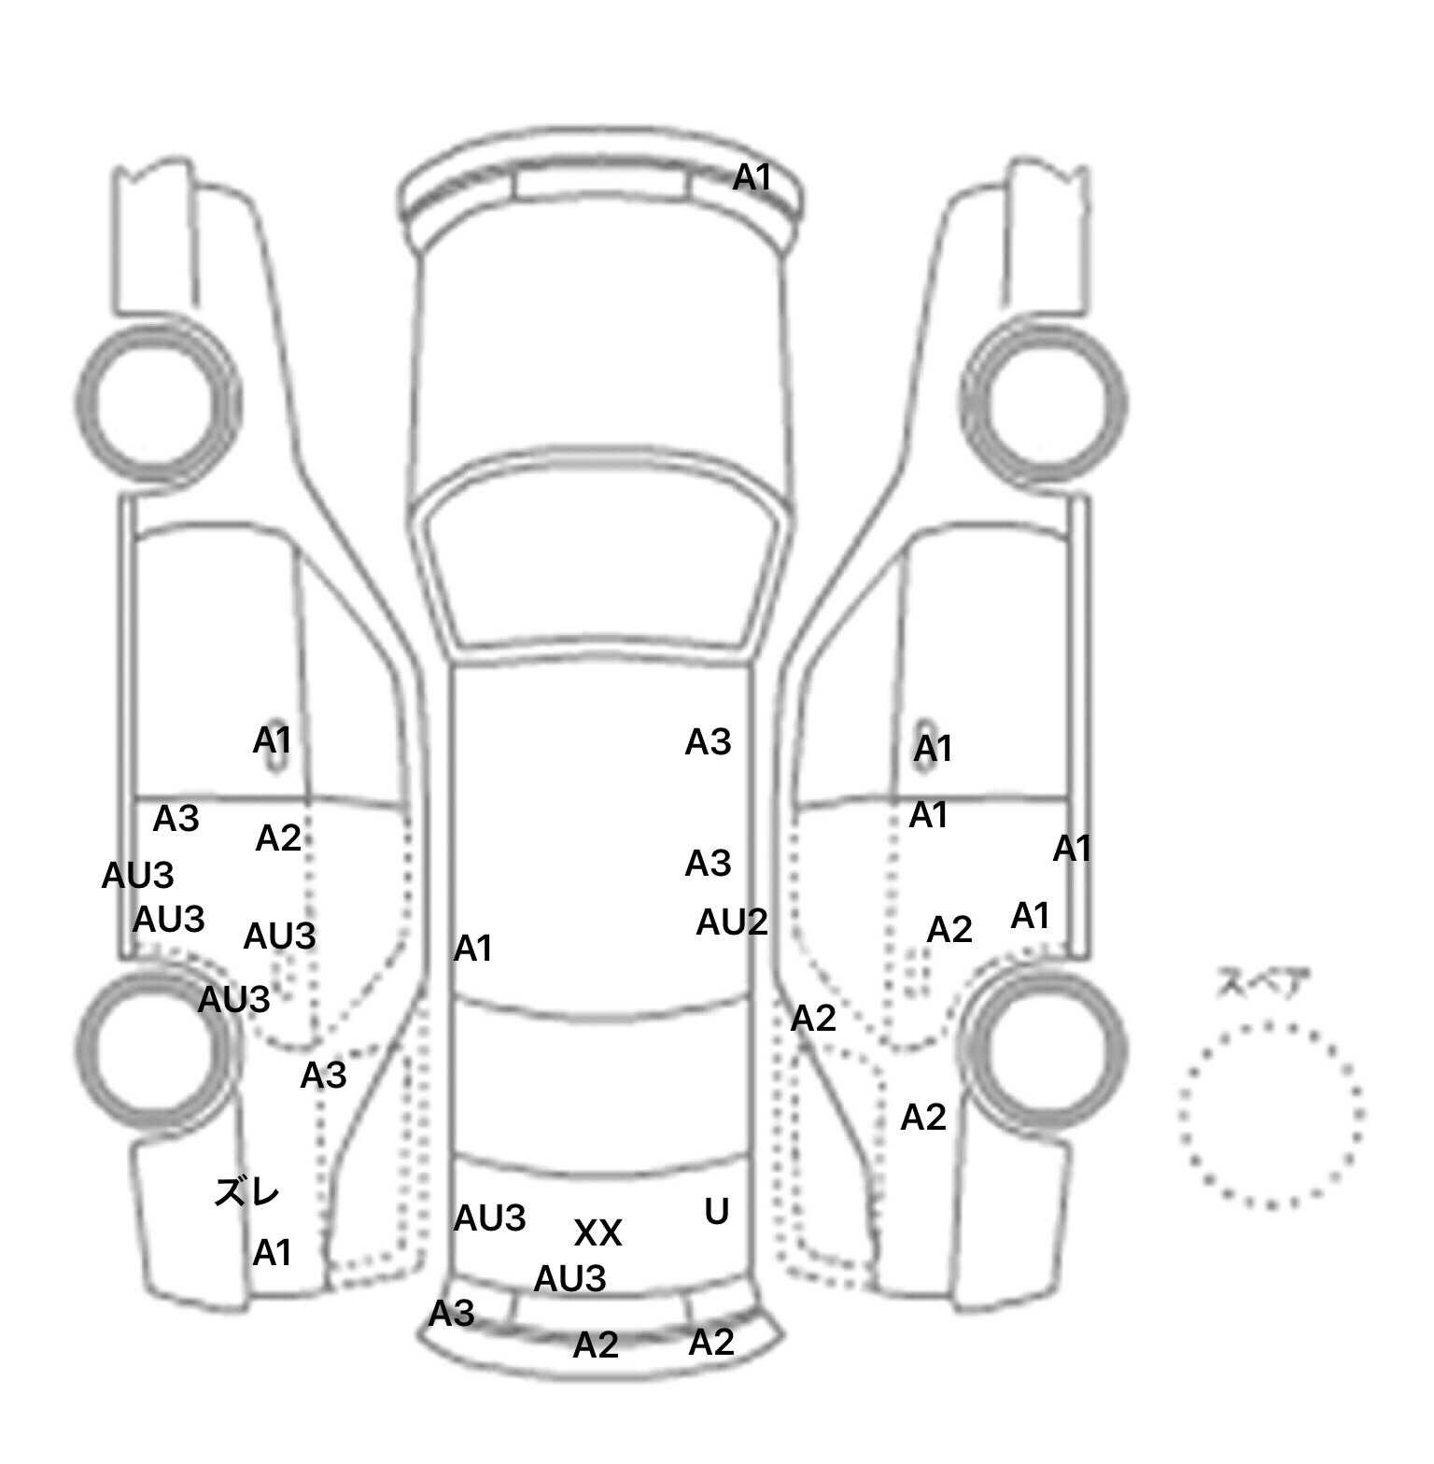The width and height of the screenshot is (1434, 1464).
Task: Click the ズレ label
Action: pos(247,1192)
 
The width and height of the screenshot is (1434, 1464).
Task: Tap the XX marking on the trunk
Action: pos(597,1233)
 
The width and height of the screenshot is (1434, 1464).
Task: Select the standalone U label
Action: pos(716,1212)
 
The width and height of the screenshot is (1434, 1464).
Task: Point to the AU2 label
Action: pos(732,922)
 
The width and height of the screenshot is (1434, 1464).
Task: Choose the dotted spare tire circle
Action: pos(1271,1116)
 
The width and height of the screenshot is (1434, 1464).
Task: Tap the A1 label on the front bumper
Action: pos(752,176)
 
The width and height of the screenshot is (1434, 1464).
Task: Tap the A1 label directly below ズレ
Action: pos(273,1253)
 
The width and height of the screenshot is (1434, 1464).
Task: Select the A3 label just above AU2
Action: pos(708,864)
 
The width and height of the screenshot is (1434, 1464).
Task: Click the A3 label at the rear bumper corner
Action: pos(452,1314)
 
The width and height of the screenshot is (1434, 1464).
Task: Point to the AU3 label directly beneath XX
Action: pos(569,1278)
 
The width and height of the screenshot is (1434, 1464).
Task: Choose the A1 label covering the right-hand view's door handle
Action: pos(933,748)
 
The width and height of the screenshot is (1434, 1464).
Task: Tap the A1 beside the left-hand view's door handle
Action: pos(273,740)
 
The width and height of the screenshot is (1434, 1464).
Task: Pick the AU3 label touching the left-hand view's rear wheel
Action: pos(233,1000)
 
